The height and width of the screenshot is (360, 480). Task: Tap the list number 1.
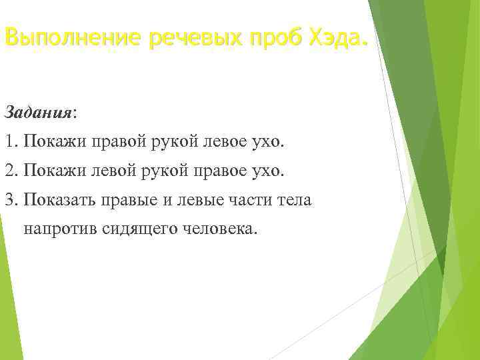(9, 142)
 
